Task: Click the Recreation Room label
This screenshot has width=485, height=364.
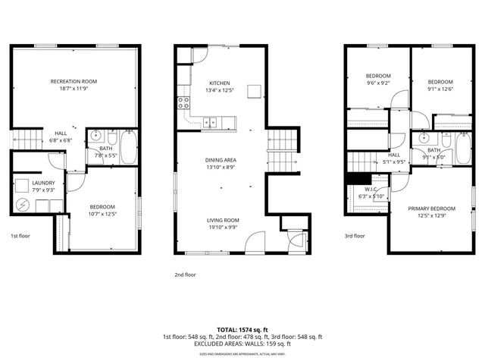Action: tap(74, 81)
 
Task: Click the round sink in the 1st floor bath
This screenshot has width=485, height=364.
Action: tap(95, 136)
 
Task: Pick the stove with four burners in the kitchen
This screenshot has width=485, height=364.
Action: tap(183, 104)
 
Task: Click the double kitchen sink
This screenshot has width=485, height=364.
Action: tap(211, 121)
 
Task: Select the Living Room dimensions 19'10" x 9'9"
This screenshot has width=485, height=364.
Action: tap(223, 227)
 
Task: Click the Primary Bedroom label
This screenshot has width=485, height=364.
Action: tap(432, 209)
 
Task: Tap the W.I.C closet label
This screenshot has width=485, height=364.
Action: tap(371, 190)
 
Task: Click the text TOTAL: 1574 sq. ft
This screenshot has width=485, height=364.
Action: tap(242, 330)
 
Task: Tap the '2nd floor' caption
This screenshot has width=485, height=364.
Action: tap(185, 275)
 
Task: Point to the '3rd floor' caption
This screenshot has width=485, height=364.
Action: tap(354, 236)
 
